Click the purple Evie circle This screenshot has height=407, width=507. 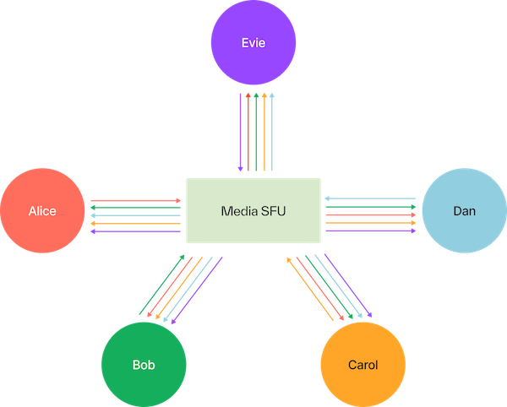pyautogui.click(x=253, y=42)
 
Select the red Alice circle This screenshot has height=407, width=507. pyautogui.click(x=41, y=210)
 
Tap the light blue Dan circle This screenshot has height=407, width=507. pyautogui.click(x=463, y=210)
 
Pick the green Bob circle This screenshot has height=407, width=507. pyautogui.click(x=143, y=364)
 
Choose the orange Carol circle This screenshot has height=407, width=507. pyautogui.click(x=363, y=364)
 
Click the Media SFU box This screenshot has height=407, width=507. pyautogui.click(x=253, y=210)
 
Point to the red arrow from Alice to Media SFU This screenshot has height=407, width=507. pyautogui.click(x=135, y=200)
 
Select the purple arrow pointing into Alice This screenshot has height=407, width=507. pyautogui.click(x=135, y=231)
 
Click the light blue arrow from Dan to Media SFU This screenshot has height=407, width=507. pyautogui.click(x=372, y=198)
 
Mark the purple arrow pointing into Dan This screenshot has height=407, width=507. pyautogui.click(x=372, y=231)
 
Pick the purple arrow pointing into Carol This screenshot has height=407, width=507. pyautogui.click(x=347, y=287)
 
